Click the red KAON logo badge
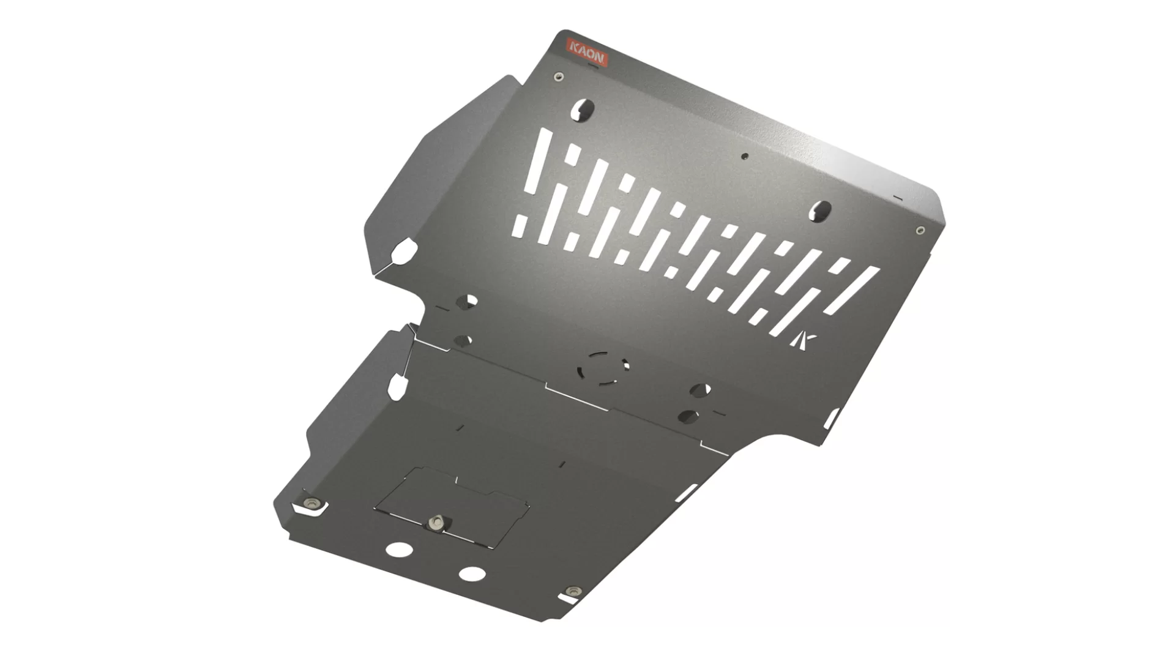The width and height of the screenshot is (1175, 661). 587,53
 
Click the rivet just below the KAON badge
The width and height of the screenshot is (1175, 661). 558,77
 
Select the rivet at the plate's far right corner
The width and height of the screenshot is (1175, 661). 920,231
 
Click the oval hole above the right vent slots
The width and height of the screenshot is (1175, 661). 820,211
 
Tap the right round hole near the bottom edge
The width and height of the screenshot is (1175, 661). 472,573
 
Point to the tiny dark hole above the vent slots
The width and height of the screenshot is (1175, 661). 744,156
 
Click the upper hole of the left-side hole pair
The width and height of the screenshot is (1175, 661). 466,302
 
